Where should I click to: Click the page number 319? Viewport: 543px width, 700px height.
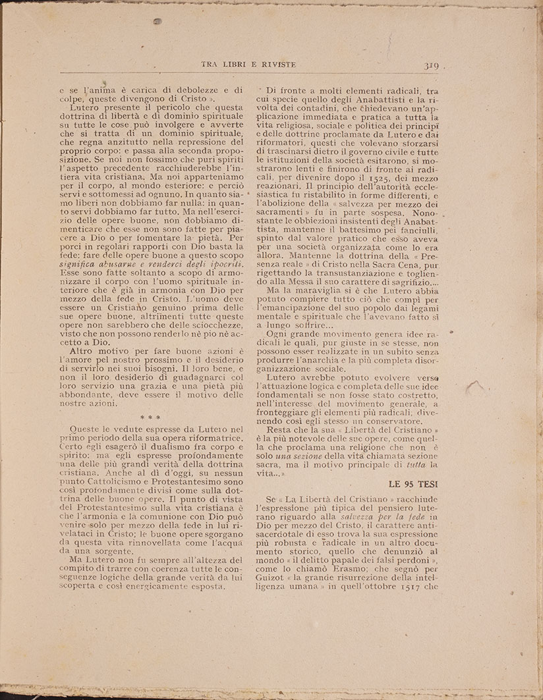coord(432,66)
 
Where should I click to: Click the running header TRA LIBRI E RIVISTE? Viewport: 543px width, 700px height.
coord(248,64)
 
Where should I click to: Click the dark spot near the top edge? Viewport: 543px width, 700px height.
coord(157,22)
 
